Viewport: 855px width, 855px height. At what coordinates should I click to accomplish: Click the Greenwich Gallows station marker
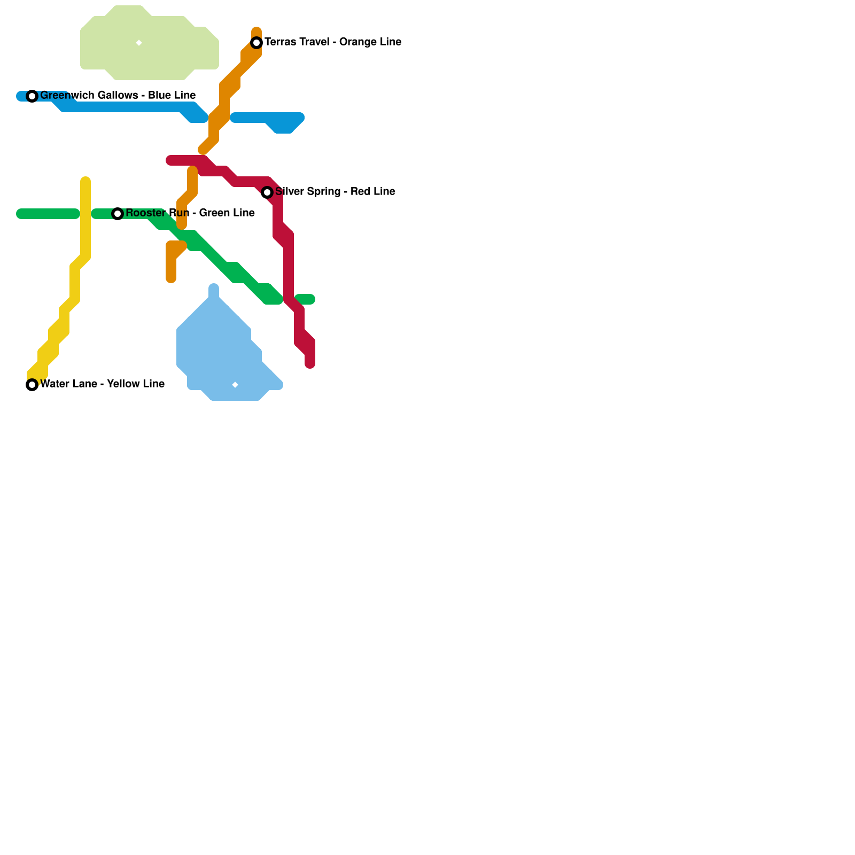32,96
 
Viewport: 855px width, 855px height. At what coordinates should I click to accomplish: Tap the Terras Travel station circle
256,43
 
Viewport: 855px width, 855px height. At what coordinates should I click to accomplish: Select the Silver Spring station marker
267,192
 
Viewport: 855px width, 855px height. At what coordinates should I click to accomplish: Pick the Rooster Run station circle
118,214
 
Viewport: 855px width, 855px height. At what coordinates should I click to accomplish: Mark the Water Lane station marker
32,385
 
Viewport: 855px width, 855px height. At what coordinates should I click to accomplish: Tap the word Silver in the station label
288,192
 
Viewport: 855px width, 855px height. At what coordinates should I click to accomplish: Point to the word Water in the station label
53,384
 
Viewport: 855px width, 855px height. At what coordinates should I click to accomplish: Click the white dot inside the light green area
139,43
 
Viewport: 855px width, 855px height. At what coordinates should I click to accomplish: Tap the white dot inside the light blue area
235,385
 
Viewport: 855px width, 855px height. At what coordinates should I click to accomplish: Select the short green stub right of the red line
305,299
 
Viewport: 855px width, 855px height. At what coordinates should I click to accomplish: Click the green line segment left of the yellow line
48,214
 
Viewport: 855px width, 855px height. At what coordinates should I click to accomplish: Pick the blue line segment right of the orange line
267,119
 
